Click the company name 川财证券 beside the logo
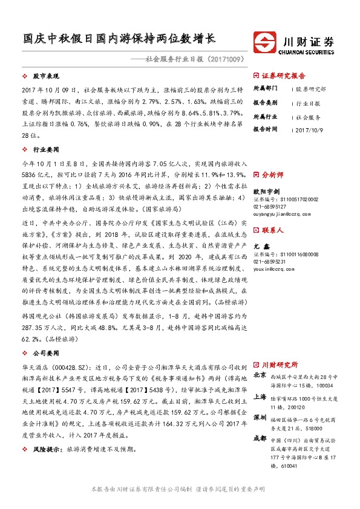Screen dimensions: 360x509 point(309,41)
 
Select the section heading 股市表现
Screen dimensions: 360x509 point(46,76)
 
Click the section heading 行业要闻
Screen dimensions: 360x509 point(46,148)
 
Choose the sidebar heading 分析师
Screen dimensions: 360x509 point(272,173)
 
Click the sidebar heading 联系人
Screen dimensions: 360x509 point(272,230)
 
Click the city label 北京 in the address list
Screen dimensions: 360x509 point(260,375)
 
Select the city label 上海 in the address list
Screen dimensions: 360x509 point(260,397)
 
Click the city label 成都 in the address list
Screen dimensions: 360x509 point(260,438)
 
